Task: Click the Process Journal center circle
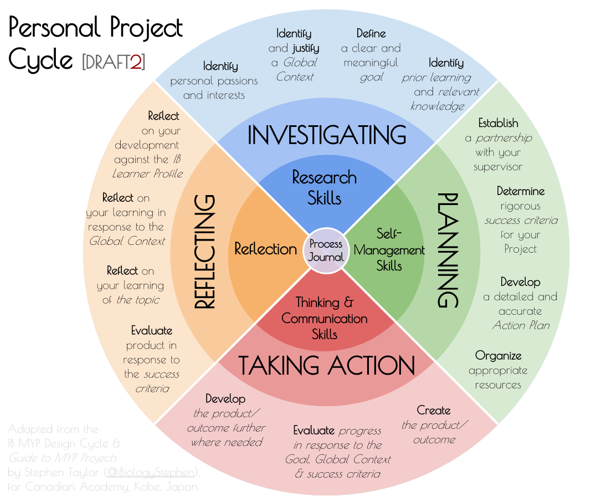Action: coord(326,250)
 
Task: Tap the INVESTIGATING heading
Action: coord(326,135)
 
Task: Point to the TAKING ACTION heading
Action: coord(326,366)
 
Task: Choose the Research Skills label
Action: coord(325,187)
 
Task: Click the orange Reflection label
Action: coord(265,249)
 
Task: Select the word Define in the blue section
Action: coord(371,34)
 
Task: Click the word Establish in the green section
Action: coord(499,123)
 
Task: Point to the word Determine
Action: coord(521,191)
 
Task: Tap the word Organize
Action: coord(499,356)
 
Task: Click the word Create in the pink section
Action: coord(434,411)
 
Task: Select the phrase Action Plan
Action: coord(521,325)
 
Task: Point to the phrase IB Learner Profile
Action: coord(148,166)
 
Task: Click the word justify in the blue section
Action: coord(306,48)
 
